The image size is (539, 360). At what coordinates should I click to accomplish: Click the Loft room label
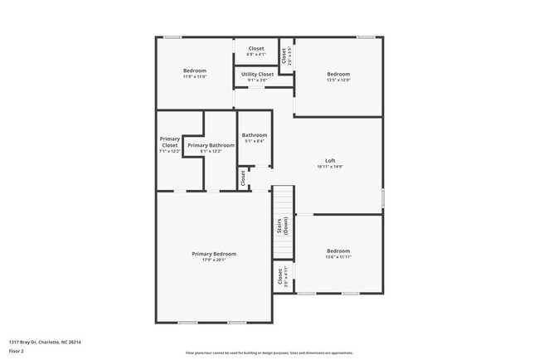tap(330, 160)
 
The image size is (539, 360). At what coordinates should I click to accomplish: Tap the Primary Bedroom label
tap(214, 254)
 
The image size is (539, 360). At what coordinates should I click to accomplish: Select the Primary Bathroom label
tap(205, 145)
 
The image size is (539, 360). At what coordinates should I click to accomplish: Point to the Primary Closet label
tap(169, 142)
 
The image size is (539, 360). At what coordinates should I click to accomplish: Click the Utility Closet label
tap(257, 75)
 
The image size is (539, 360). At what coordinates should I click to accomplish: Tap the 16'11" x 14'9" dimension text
tap(330, 167)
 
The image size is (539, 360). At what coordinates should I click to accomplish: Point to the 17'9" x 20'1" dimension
tap(214, 260)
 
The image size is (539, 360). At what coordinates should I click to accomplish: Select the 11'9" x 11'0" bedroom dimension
tap(195, 76)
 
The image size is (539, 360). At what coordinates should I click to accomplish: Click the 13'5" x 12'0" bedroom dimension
tap(338, 80)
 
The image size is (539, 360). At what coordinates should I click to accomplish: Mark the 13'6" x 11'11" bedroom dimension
tap(338, 257)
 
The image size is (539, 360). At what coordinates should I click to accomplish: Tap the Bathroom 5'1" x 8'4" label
tap(254, 138)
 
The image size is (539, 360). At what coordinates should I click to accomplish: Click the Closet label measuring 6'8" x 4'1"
tap(256, 51)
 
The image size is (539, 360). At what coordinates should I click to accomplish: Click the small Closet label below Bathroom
tap(243, 177)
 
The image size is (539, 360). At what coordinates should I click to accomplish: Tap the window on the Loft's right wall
tap(382, 198)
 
